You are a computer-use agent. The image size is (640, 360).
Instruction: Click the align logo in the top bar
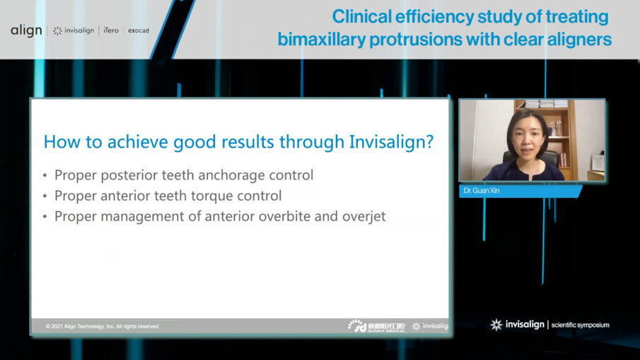click(26, 30)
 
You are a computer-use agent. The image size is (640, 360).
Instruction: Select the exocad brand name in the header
click(138, 30)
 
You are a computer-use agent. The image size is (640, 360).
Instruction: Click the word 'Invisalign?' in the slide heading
click(391, 141)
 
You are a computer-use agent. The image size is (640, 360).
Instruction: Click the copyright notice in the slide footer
click(103, 326)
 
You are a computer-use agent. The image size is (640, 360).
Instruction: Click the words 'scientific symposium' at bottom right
click(580, 325)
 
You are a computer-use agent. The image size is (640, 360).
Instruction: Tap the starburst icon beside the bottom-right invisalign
click(496, 325)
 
